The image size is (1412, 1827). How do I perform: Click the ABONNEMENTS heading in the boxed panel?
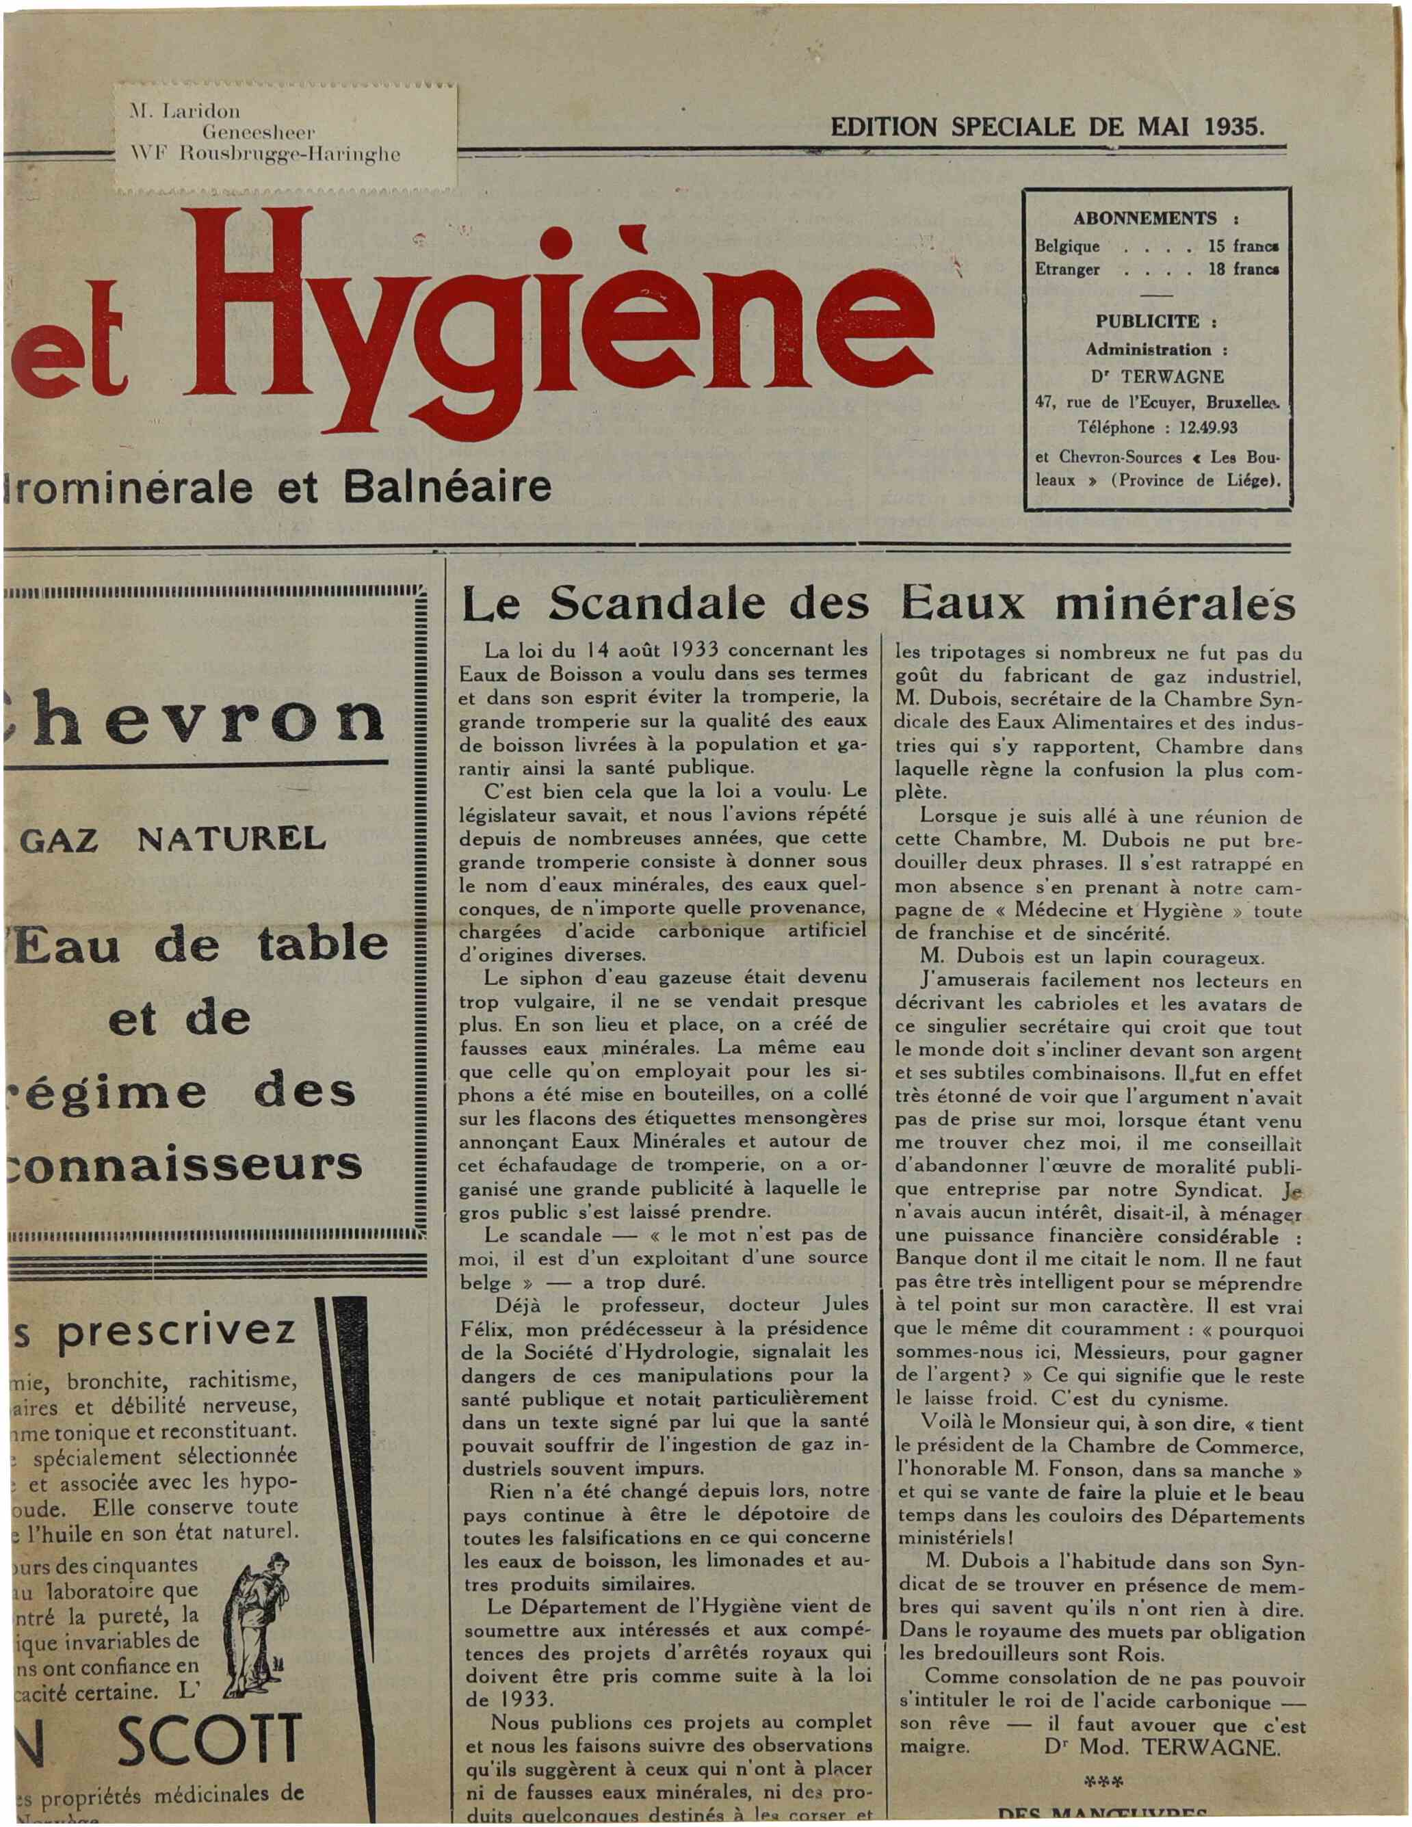(1145, 218)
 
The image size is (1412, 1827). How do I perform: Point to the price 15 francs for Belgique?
(1243, 247)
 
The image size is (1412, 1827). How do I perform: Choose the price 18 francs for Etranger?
(1243, 270)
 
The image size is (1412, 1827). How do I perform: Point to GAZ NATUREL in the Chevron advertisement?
(172, 837)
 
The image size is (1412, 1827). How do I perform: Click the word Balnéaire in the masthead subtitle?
(447, 486)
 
